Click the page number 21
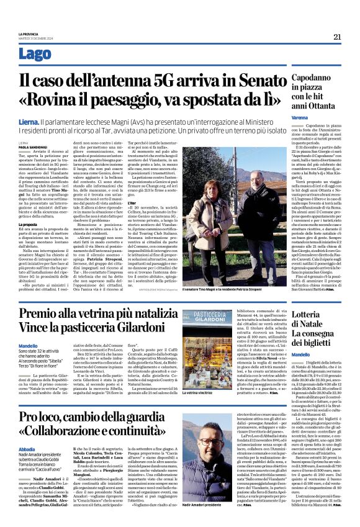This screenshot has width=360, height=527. (x=336, y=37)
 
